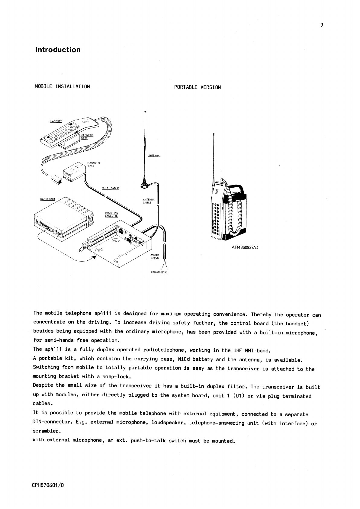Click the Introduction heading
[x=58, y=50]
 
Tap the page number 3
[x=322, y=25]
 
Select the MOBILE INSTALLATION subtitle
[x=62, y=86]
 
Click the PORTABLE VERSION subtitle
[x=198, y=87]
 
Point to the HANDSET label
[x=56, y=121]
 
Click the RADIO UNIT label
[x=48, y=199]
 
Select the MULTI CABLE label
[x=110, y=188]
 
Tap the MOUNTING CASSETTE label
[x=111, y=214]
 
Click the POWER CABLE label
[x=155, y=256]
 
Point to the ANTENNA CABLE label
[x=149, y=201]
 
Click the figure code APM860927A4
[x=245, y=248]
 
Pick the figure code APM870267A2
[x=159, y=272]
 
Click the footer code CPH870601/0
[x=48, y=485]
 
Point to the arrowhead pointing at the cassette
[x=94, y=257]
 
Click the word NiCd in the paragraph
[x=184, y=359]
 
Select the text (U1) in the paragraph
[x=239, y=396]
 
